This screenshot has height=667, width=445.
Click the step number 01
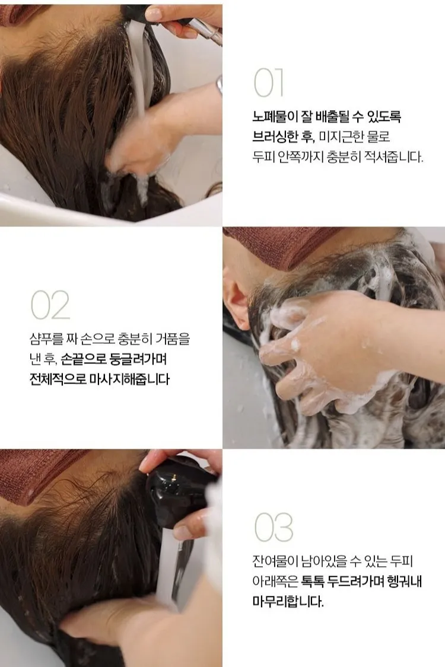pos(268,84)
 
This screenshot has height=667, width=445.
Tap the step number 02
pos(50,305)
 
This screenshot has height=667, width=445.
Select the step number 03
pos(274,527)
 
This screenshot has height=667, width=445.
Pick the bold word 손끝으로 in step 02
pos(84,359)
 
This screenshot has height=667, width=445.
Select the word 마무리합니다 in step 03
pos(288,602)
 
